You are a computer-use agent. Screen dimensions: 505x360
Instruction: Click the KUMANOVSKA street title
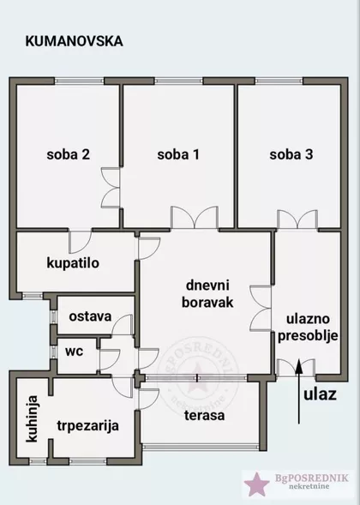tap(74, 40)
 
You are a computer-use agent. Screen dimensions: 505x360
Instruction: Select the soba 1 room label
tap(178, 155)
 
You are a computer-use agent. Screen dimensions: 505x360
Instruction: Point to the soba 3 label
tap(291, 155)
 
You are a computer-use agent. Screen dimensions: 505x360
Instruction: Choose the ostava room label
tap(90, 316)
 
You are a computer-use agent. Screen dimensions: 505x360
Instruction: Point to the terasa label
tap(204, 415)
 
